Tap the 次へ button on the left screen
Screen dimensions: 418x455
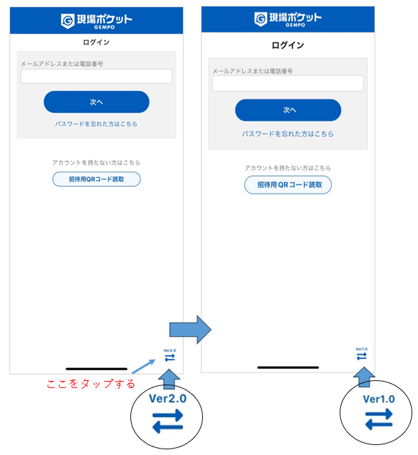point(96,102)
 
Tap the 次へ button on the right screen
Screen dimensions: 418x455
point(288,110)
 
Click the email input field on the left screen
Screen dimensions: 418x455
point(96,76)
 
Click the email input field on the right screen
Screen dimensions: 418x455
point(288,83)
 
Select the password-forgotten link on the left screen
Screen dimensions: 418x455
point(96,124)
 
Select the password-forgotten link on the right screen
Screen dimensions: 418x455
point(288,134)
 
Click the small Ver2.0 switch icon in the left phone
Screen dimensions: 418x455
point(169,355)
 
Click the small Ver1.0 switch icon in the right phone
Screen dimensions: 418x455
point(362,354)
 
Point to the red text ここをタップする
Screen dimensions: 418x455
point(91,384)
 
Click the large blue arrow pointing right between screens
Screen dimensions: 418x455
point(190,330)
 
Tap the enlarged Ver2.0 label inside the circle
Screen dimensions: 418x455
point(168,399)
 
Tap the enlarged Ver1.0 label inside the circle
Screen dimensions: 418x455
point(379,399)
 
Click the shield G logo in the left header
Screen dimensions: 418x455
point(68,21)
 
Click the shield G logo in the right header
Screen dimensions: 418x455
point(261,19)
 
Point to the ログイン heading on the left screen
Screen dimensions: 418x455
point(96,42)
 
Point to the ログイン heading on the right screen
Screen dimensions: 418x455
point(288,46)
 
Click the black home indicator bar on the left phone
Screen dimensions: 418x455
point(97,369)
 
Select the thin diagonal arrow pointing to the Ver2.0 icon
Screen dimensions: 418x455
point(143,367)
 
